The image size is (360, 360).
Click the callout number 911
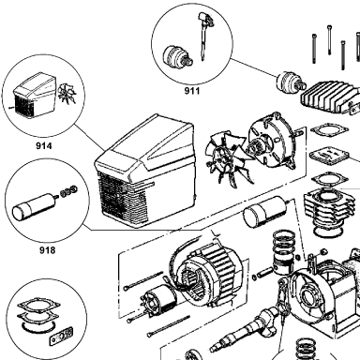[191, 91]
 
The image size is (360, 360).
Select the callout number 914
[44, 146]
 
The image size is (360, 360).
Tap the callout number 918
[48, 250]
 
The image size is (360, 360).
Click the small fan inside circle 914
[67, 93]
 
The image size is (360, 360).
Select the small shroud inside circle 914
[34, 96]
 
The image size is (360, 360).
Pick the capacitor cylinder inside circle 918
[34, 206]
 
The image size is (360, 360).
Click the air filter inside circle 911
[177, 56]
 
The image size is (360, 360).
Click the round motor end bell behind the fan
[271, 142]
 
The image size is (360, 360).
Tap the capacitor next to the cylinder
[265, 213]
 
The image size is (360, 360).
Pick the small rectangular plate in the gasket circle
[61, 337]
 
